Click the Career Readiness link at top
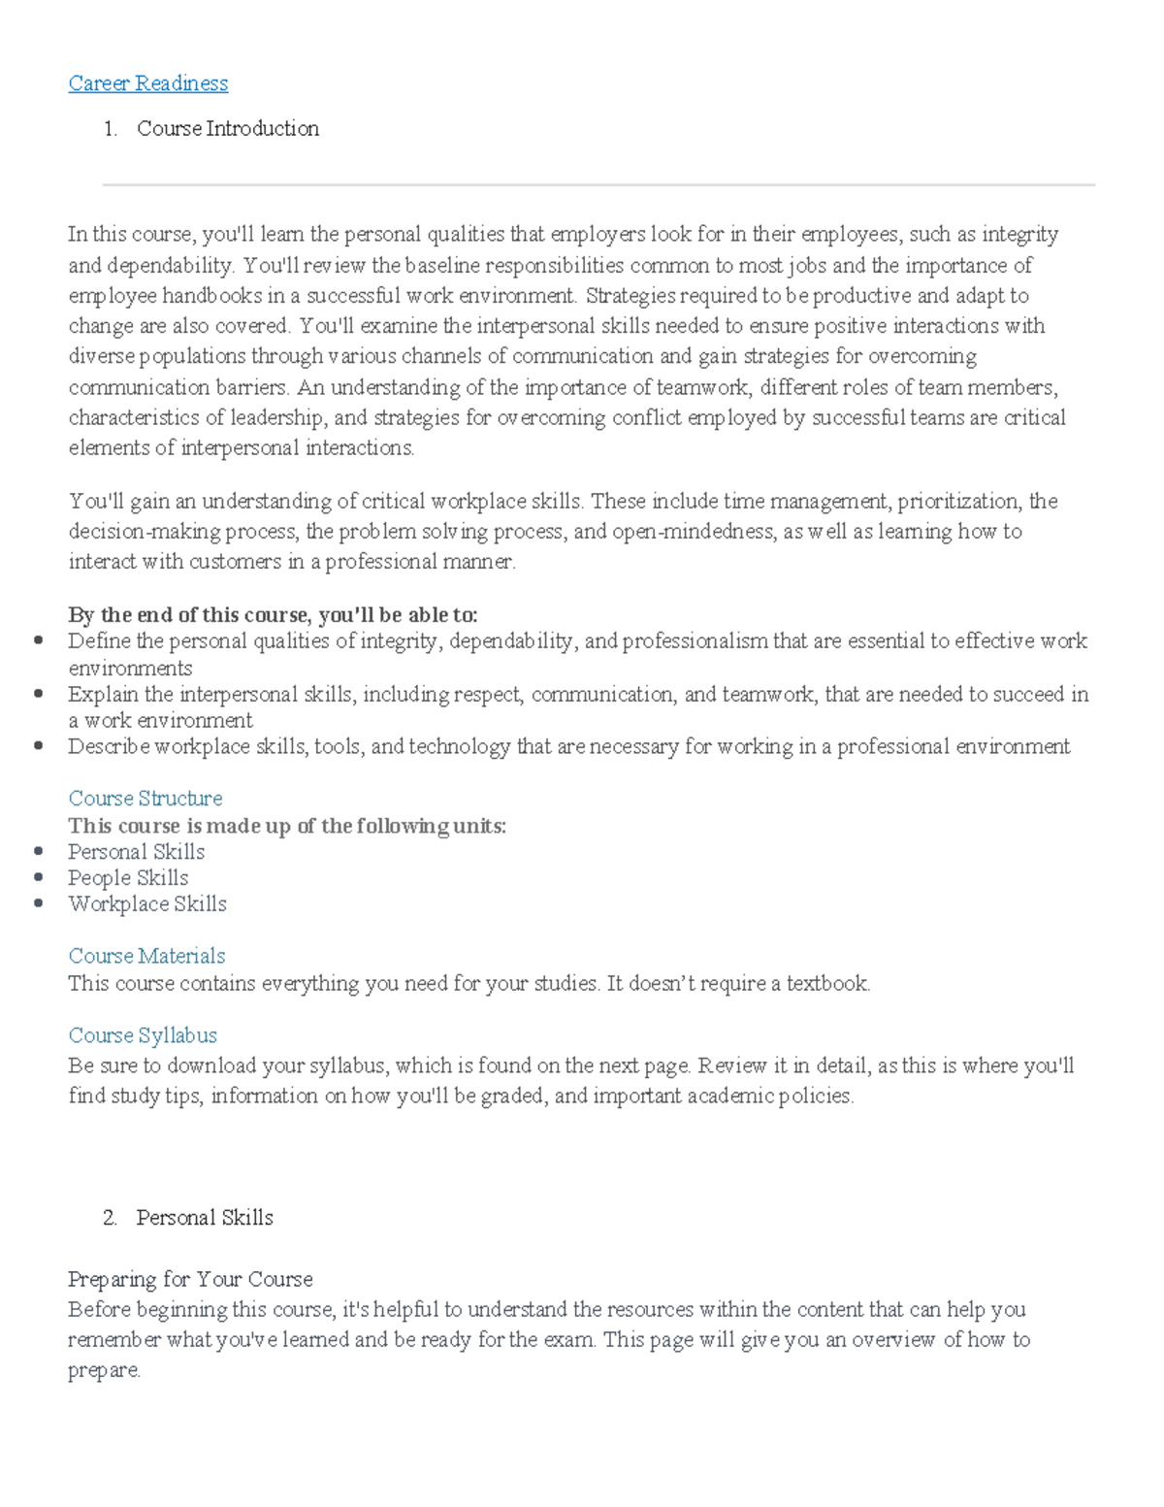(x=147, y=83)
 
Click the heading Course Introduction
(x=227, y=128)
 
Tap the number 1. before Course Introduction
(x=110, y=128)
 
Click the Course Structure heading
(x=145, y=798)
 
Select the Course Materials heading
(x=146, y=956)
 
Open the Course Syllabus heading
(x=143, y=1035)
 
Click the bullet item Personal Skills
(x=136, y=852)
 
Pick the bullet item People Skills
(x=128, y=878)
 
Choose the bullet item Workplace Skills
(x=147, y=904)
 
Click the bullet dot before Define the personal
(x=39, y=640)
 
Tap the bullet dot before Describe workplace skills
(x=39, y=746)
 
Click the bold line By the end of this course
(x=273, y=614)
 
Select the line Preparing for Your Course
(x=190, y=1279)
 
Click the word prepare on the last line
(x=103, y=1370)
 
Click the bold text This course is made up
(x=287, y=826)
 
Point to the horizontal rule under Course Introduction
(x=598, y=184)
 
